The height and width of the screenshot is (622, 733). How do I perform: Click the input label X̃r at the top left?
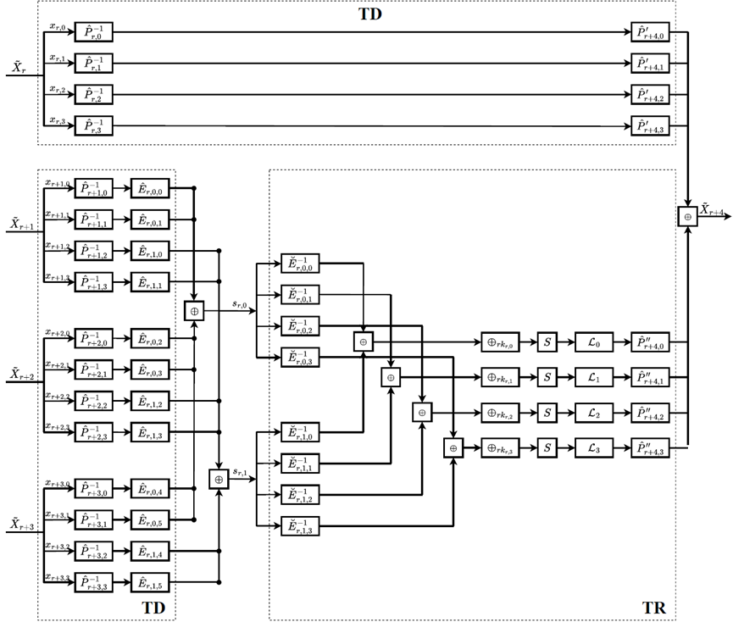click(x=18, y=66)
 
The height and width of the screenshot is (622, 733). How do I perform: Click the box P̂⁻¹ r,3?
click(x=93, y=126)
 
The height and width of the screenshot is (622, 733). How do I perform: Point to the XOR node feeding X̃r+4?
click(x=687, y=216)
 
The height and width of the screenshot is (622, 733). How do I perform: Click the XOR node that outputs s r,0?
click(x=195, y=311)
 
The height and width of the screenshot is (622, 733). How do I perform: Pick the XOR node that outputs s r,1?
click(x=219, y=479)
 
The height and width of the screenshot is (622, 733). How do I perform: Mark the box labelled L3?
click(x=592, y=447)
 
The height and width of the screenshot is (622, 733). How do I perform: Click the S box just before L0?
click(x=548, y=342)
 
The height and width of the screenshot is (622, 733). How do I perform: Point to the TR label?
click(x=653, y=608)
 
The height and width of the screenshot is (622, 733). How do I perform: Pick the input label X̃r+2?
click(x=21, y=374)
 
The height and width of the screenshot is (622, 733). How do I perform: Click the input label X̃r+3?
click(x=21, y=525)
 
